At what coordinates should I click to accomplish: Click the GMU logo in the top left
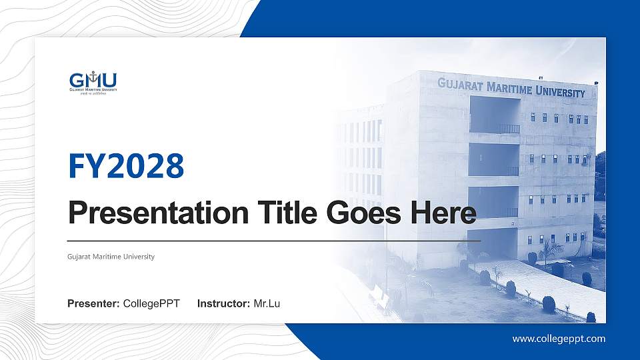(93, 82)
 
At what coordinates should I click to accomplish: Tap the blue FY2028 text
(126, 167)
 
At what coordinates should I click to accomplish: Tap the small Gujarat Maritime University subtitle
(111, 257)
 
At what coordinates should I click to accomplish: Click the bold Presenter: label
(93, 304)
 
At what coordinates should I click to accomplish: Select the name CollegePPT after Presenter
(151, 304)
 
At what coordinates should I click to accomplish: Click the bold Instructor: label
(224, 304)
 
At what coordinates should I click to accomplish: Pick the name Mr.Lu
(267, 304)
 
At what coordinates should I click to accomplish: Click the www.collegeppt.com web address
(559, 339)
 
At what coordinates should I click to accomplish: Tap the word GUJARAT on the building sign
(461, 84)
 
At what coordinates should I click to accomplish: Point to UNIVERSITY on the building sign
(561, 92)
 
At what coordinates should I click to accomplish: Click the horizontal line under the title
(273, 240)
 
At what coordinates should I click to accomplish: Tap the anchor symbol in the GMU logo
(93, 75)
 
